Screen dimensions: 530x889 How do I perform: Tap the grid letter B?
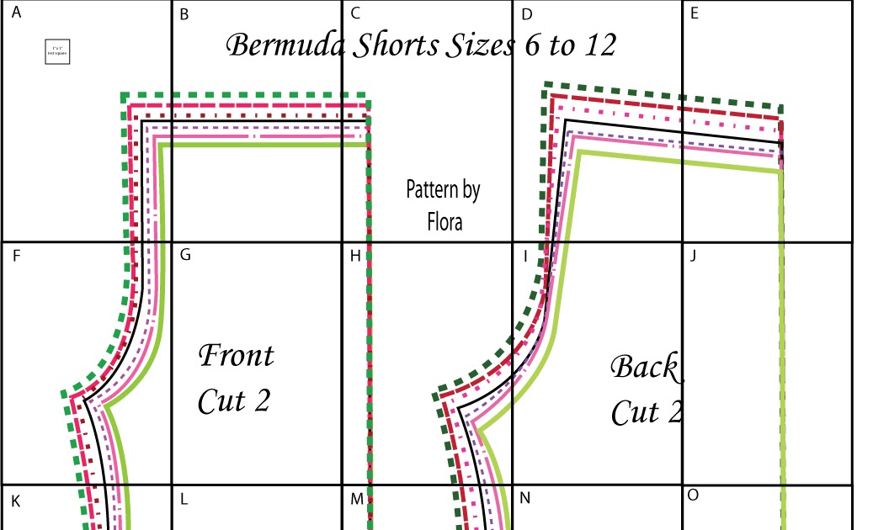pos(184,13)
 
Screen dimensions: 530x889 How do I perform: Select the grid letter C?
pos(355,13)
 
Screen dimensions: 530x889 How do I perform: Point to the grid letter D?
pos(527,13)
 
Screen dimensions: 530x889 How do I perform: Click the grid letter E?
pos(694,13)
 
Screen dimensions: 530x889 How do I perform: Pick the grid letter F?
pos(17,256)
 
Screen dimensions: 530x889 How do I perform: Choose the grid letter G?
pos(185,254)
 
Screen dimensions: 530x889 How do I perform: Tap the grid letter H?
pos(355,255)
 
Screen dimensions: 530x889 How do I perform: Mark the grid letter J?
pos(692,255)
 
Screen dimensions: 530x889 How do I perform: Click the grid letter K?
pos(16,501)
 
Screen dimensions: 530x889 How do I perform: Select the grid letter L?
pos(184,498)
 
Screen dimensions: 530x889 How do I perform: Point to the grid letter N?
pos(524,498)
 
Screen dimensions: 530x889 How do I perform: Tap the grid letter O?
pos(693,495)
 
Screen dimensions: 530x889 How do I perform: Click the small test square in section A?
pos(56,52)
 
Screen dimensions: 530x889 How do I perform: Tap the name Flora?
pos(444,222)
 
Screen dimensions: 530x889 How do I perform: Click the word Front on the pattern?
pos(236,355)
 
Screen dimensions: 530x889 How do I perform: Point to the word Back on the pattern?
pos(644,367)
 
